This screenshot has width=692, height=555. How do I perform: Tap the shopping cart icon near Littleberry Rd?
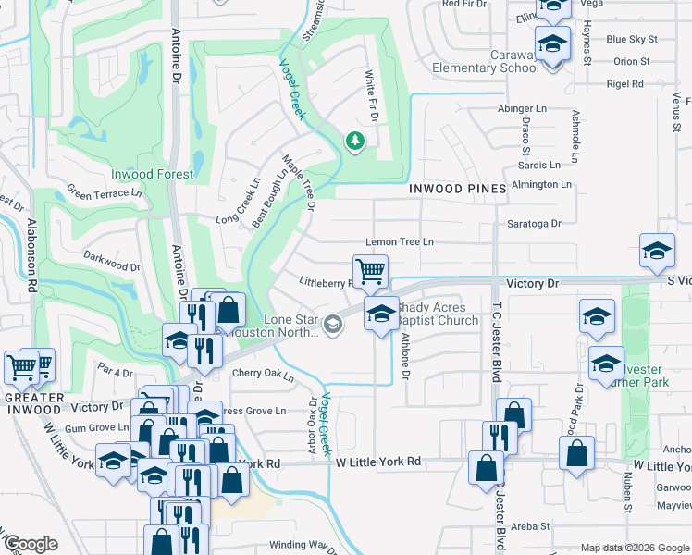tap(370, 271)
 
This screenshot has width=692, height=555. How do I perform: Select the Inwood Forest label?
tap(152, 174)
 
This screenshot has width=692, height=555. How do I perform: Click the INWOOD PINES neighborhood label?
tap(457, 189)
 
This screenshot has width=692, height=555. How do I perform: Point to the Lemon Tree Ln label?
tap(399, 242)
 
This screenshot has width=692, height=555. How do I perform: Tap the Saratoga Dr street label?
tap(534, 224)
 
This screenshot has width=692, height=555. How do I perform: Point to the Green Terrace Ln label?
tap(104, 193)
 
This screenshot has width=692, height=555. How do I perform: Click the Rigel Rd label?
tap(624, 84)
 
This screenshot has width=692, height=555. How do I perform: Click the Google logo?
tap(31, 544)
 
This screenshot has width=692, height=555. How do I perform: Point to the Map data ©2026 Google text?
tap(634, 548)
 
